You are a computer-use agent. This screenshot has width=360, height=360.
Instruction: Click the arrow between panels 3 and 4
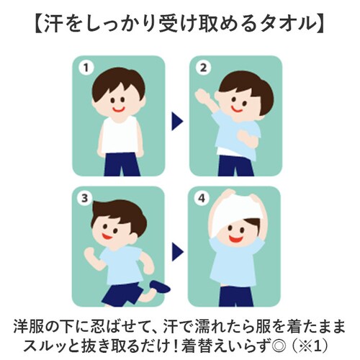(x=176, y=248)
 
